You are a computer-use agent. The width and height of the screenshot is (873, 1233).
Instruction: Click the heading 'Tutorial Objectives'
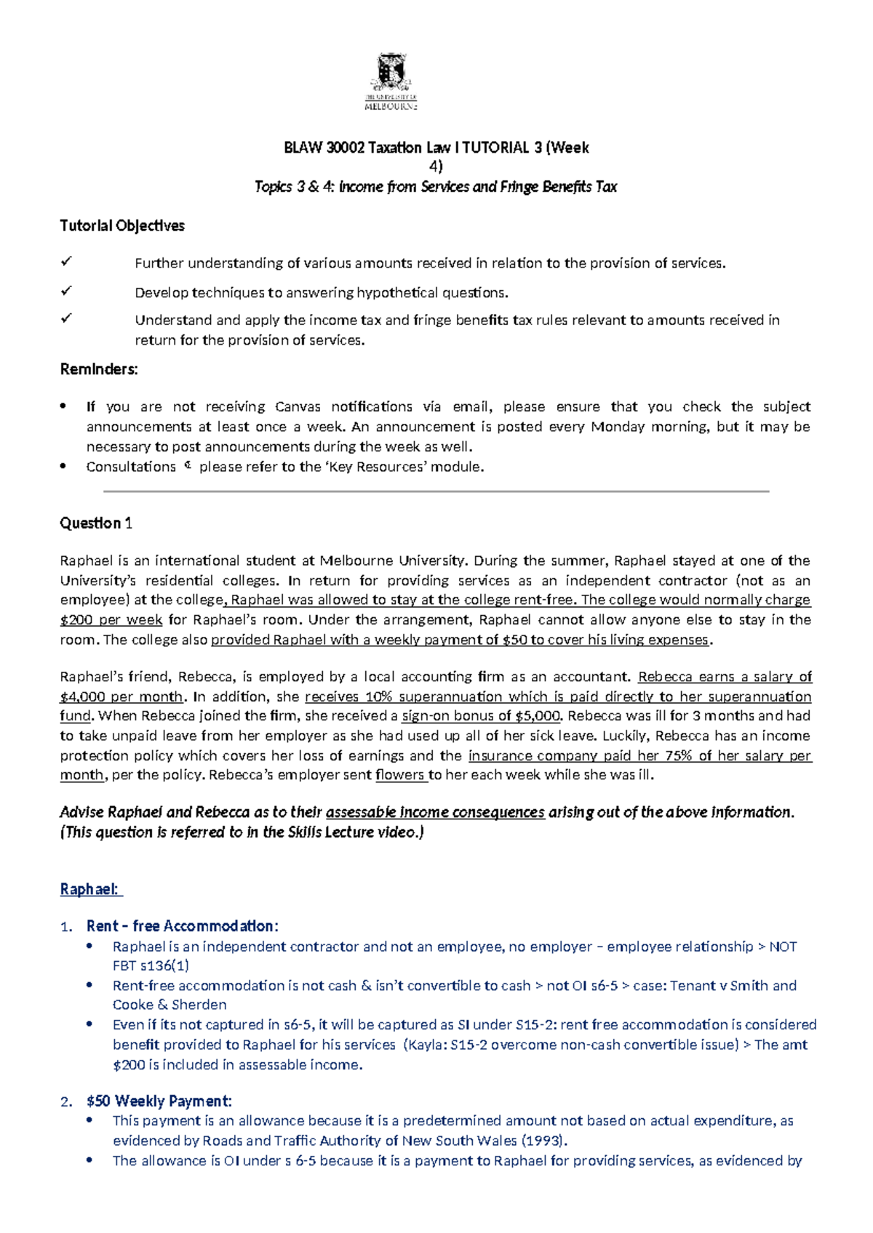tap(121, 226)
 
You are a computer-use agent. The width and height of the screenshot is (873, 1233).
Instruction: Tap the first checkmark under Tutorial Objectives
tap(67, 261)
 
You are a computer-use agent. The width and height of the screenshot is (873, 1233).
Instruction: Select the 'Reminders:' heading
tap(98, 369)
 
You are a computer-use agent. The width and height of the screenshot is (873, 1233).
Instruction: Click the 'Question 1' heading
tap(95, 523)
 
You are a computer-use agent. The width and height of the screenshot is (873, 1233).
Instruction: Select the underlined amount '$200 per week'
tap(111, 620)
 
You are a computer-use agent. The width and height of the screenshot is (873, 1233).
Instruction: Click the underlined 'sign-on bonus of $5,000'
tap(481, 716)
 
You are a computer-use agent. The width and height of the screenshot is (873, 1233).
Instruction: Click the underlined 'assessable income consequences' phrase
tap(435, 812)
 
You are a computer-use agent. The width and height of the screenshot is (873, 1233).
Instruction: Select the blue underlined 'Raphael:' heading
tap(90, 889)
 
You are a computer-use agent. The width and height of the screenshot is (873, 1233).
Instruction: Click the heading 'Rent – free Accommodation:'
tap(182, 926)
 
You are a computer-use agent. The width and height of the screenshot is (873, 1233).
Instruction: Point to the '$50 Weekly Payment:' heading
tap(159, 1101)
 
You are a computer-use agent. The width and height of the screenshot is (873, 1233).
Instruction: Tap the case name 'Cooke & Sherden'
tap(170, 1005)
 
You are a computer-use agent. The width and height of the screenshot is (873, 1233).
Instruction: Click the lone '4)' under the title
tap(436, 166)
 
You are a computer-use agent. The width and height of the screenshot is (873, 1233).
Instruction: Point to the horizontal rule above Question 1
tap(436, 492)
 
